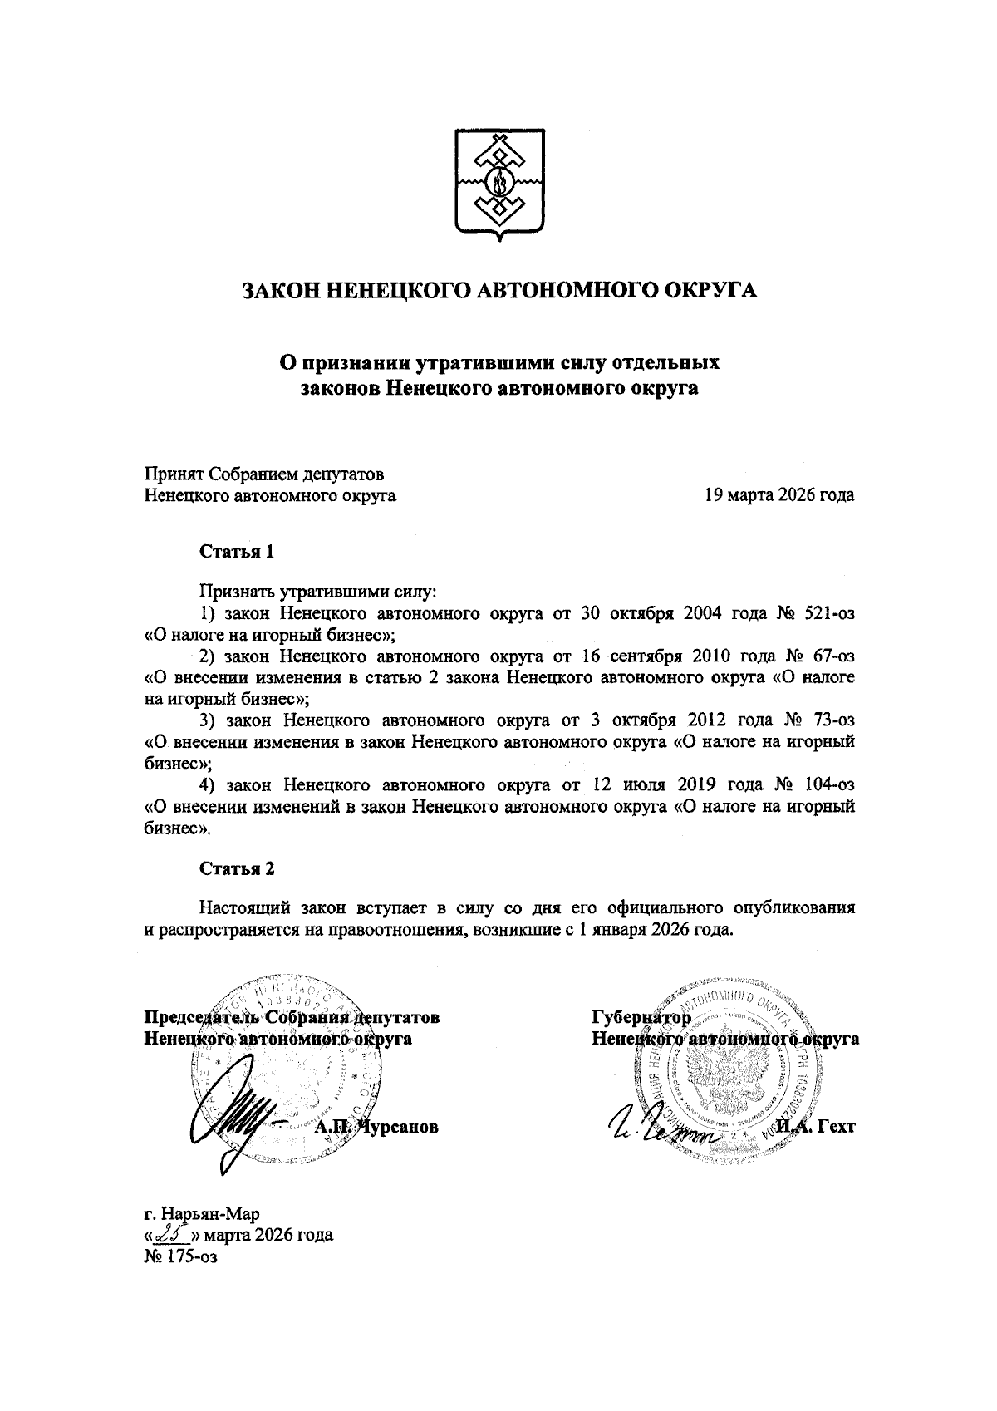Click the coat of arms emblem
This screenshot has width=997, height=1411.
coord(498,184)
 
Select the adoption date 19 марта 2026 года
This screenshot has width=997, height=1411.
coord(778,496)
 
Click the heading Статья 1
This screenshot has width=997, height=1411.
coord(236,552)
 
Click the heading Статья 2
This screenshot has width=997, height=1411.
coord(236,868)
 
